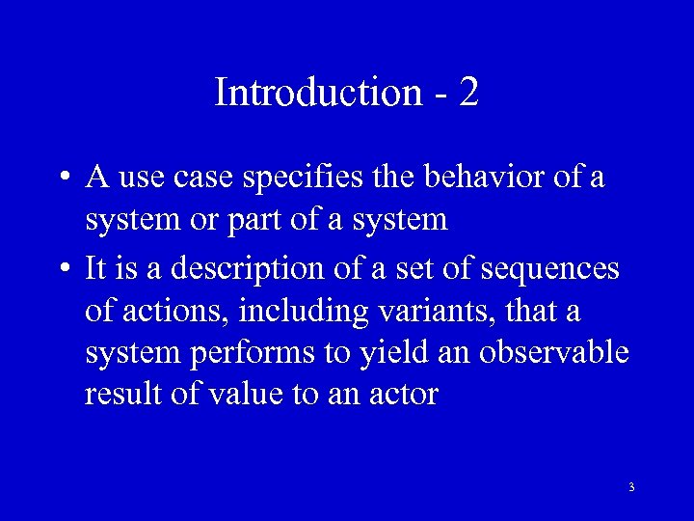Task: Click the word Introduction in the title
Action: [x=317, y=93]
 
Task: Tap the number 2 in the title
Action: [x=469, y=93]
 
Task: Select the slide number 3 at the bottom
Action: [x=631, y=487]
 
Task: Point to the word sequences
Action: [x=551, y=268]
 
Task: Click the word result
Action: [x=120, y=394]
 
